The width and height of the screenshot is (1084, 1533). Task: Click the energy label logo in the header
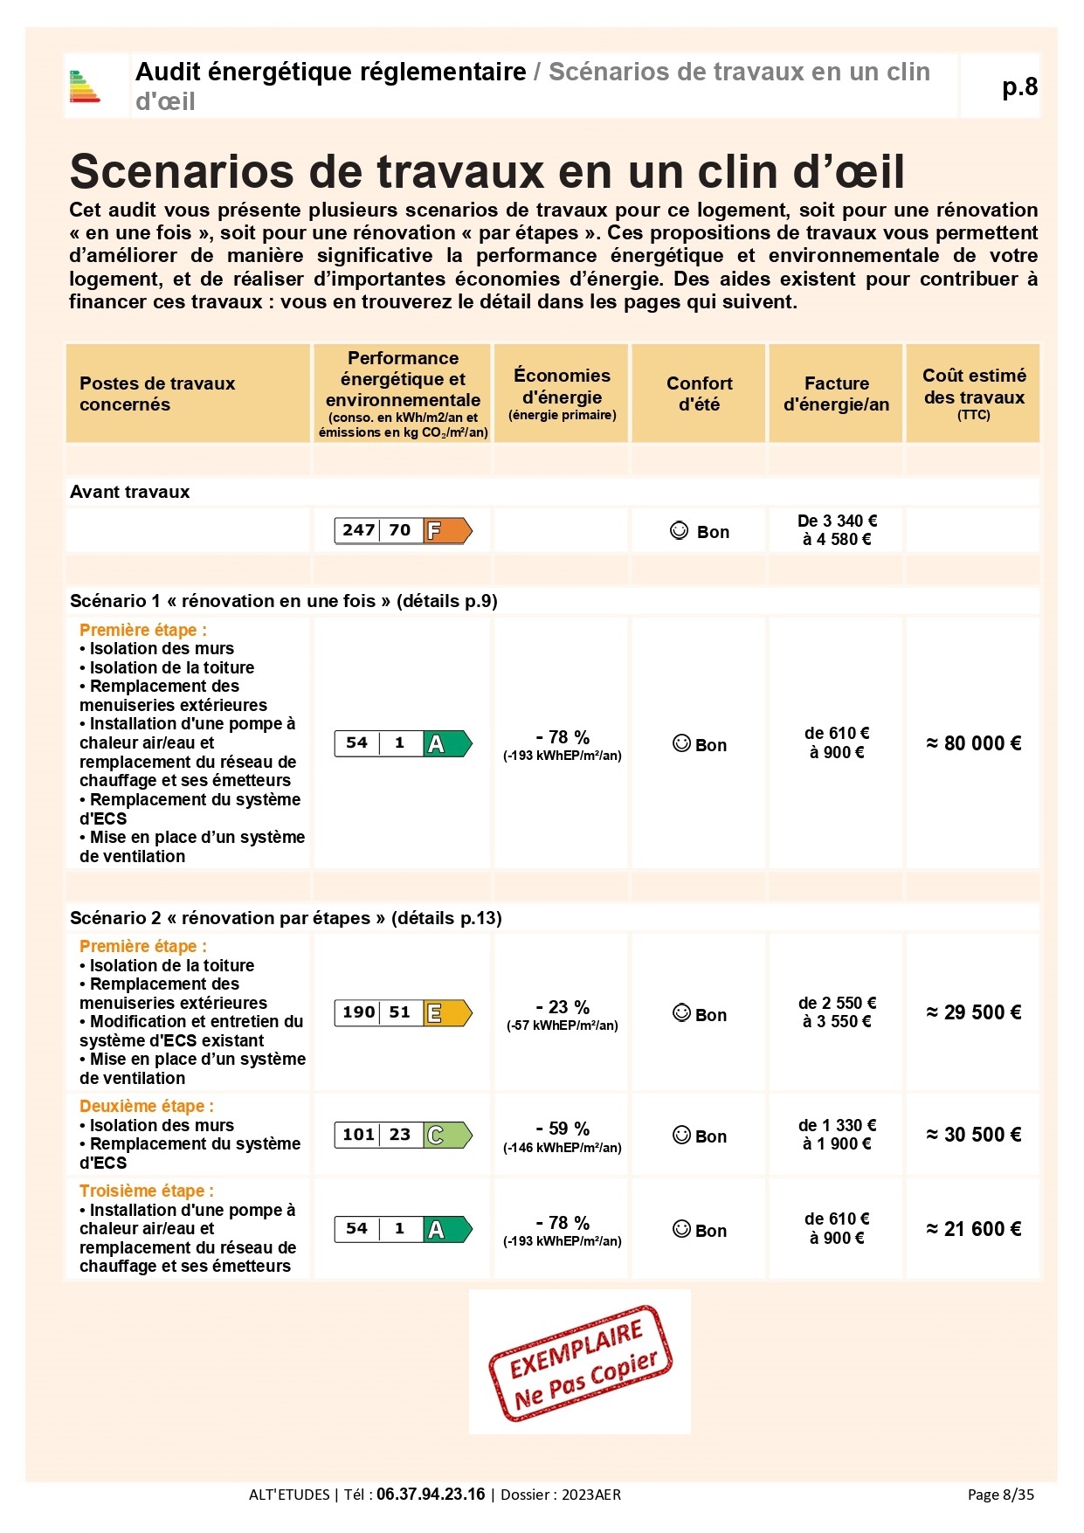(85, 86)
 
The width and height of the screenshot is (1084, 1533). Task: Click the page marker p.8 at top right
(1019, 86)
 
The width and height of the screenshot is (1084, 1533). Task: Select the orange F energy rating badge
(447, 530)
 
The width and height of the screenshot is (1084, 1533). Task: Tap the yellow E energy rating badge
(447, 1012)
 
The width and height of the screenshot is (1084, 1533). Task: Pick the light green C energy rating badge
(447, 1135)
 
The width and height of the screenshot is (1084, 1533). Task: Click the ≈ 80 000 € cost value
(973, 743)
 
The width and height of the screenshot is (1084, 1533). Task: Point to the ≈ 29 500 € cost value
(973, 1012)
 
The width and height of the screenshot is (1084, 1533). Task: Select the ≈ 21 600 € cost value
(973, 1229)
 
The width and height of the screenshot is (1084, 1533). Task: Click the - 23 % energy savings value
(563, 1007)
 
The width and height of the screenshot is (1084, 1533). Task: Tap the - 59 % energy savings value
(563, 1129)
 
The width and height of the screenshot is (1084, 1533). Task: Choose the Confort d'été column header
(699, 394)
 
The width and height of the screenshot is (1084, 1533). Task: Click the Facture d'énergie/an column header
(836, 394)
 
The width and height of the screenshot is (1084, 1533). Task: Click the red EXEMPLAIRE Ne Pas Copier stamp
(580, 1363)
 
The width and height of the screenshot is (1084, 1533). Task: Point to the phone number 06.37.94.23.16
(431, 1495)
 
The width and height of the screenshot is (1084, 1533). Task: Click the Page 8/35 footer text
(1000, 1495)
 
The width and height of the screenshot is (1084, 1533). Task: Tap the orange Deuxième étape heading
(146, 1106)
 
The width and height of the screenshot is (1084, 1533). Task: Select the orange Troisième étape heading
(146, 1191)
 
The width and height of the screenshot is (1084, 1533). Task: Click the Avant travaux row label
(129, 492)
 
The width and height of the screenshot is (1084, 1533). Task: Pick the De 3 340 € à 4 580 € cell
(836, 530)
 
